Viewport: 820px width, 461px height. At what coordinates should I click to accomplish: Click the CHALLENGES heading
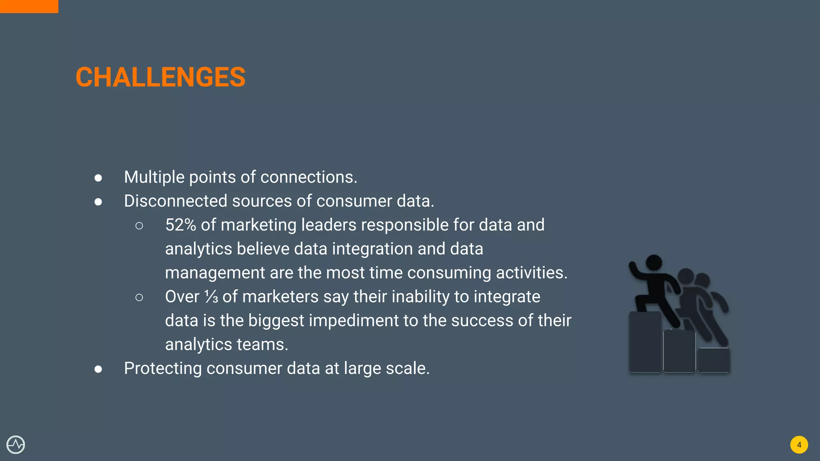160,77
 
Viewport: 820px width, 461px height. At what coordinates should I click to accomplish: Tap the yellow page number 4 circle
799,445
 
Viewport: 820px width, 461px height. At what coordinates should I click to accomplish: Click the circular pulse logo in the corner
16,445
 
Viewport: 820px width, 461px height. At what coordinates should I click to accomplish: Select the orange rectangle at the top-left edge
29,6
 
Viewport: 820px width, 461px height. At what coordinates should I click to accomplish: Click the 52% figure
181,225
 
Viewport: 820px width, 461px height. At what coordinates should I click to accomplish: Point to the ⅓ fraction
211,297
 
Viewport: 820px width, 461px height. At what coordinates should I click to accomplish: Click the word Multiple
154,177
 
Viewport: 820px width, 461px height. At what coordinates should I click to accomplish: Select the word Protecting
163,369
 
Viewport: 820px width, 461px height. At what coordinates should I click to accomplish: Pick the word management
215,273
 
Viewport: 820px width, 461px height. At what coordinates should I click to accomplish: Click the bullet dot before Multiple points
98,178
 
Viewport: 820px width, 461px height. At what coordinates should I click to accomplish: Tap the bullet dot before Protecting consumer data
98,369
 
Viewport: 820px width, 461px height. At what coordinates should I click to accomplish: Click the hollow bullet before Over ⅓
139,297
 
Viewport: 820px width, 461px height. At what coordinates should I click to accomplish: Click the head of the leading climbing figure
654,263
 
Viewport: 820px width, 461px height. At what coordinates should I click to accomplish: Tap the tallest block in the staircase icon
645,342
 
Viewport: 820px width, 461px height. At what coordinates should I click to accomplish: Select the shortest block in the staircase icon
713,360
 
